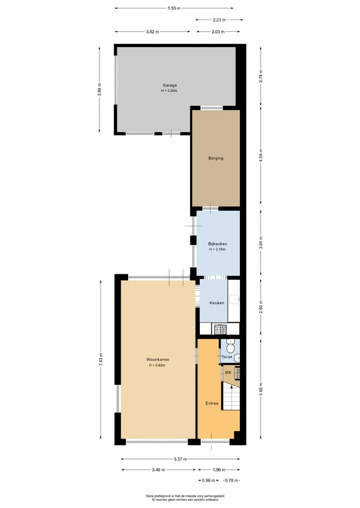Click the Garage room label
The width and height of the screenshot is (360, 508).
click(169, 85)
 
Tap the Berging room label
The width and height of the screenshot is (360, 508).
click(215, 158)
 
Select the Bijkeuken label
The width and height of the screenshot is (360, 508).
click(217, 244)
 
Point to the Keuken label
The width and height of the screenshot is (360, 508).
click(216, 303)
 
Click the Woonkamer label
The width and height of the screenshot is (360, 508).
click(157, 359)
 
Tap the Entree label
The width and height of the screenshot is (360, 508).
click(212, 403)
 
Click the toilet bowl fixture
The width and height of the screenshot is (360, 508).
click(230, 347)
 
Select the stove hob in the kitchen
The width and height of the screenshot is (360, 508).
click(220, 329)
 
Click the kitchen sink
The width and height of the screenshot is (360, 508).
click(234, 299)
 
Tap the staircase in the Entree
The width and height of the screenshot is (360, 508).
click(231, 396)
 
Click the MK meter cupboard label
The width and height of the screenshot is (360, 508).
click(228, 373)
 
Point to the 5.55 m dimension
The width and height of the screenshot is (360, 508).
click(174, 8)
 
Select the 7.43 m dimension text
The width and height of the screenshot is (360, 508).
click(101, 360)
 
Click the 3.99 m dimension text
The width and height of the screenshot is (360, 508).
click(99, 89)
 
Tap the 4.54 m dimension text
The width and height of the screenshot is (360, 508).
click(261, 155)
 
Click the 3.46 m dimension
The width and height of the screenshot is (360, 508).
click(158, 470)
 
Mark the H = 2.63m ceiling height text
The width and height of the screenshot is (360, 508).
click(157, 365)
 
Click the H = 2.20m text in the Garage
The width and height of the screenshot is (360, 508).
click(169, 91)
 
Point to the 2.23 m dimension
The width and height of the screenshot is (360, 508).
click(219, 20)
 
